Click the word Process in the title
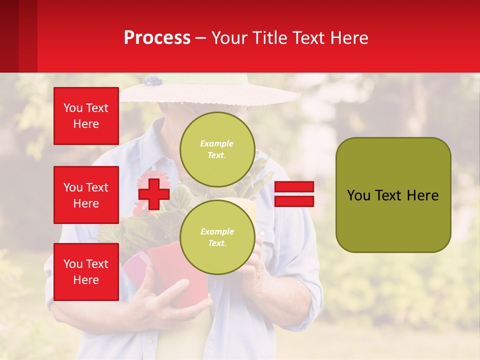pyautogui.click(x=157, y=38)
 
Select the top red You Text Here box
pyautogui.click(x=86, y=116)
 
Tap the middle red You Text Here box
pyautogui.click(x=86, y=195)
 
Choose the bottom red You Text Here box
pyautogui.click(x=86, y=272)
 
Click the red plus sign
pyautogui.click(x=153, y=194)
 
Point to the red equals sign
pyautogui.click(x=294, y=194)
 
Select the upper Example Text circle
pyautogui.click(x=217, y=149)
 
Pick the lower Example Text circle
pyautogui.click(x=217, y=237)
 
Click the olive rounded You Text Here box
pyautogui.click(x=393, y=195)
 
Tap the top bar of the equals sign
pyautogui.click(x=294, y=187)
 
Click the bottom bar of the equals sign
pyautogui.click(x=294, y=201)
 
